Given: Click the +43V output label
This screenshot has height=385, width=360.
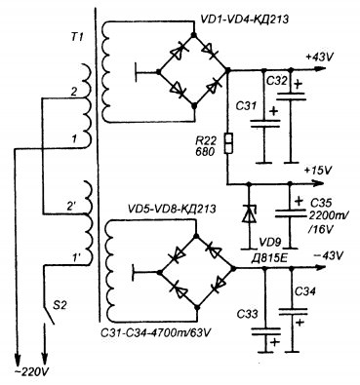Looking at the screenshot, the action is pos(319,58).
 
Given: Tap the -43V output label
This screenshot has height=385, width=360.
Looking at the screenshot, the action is pos(328,255).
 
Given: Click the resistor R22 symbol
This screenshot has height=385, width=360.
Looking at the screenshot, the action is pos(228,143).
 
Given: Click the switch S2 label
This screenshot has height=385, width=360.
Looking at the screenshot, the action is pos(60,306).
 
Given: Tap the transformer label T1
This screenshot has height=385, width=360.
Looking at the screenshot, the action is pos(77,37).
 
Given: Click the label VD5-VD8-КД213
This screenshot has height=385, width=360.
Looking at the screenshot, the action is pos(172,209).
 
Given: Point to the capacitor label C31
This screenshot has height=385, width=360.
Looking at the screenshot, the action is pos(246,106).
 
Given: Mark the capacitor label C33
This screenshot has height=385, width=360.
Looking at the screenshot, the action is pos(248,314).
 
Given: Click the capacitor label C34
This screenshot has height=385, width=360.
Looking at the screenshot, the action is pos(304,292).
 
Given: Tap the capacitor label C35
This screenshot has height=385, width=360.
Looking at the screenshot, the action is pos(321,204).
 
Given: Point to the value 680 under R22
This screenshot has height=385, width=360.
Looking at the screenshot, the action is pos(205,151).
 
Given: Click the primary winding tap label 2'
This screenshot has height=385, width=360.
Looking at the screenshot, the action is pos(72,206).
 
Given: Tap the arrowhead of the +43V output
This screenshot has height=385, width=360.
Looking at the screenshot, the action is pos(320,69).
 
